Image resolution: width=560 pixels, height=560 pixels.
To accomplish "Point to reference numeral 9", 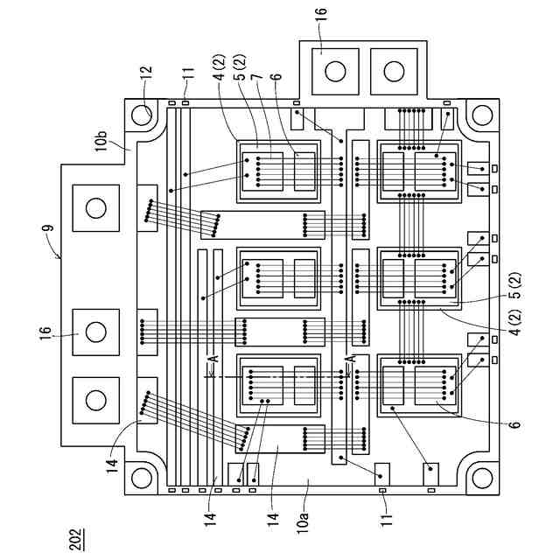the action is point(50,228).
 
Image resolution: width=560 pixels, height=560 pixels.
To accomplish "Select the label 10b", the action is point(101,141).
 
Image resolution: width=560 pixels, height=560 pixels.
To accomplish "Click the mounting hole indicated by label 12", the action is point(142,115).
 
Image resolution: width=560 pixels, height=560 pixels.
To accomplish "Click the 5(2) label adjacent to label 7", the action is point(241,66).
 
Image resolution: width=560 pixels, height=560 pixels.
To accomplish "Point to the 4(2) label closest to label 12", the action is point(220,66).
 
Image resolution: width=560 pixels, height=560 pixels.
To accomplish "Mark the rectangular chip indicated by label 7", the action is point(262,171).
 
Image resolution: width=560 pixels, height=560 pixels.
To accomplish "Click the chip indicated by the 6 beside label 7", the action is point(304,171).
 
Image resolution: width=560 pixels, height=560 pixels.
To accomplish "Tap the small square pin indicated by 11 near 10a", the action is point(382,490).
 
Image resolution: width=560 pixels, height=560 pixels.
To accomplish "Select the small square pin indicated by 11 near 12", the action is point(185,103).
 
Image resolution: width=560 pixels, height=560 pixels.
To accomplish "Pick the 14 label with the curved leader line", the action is point(112,466).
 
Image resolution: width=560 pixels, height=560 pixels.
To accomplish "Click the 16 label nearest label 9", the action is point(45,334).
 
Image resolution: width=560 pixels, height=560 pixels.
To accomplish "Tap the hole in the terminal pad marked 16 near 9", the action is point(96,332).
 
